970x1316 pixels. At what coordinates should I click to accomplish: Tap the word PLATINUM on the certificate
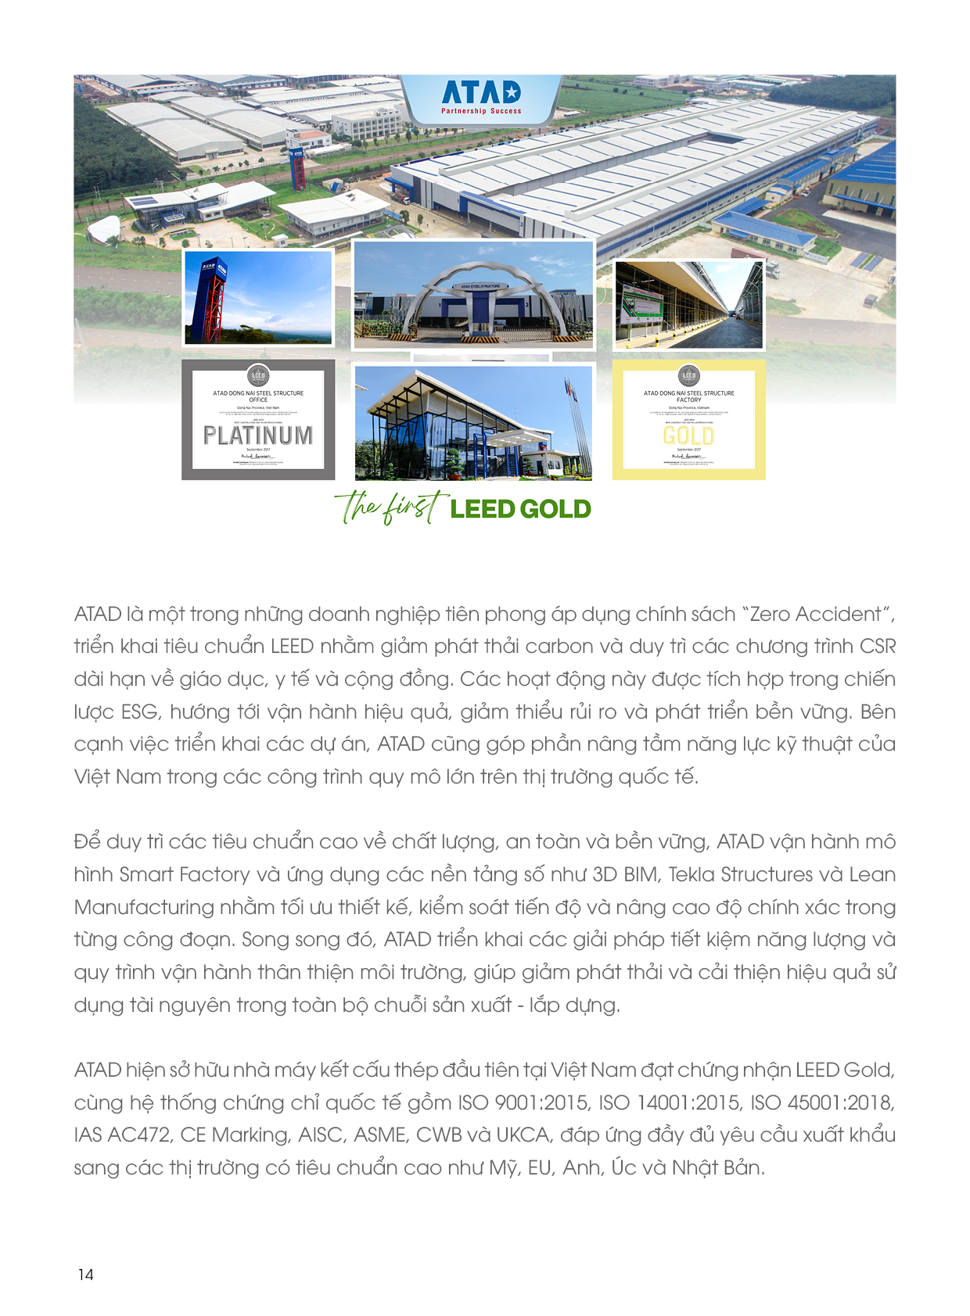tap(258, 436)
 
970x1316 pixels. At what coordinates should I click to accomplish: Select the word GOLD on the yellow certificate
tap(688, 436)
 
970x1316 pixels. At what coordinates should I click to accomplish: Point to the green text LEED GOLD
tap(520, 509)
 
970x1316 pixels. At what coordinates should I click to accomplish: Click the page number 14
tap(86, 1275)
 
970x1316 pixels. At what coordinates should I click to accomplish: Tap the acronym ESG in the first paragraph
tap(140, 712)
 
